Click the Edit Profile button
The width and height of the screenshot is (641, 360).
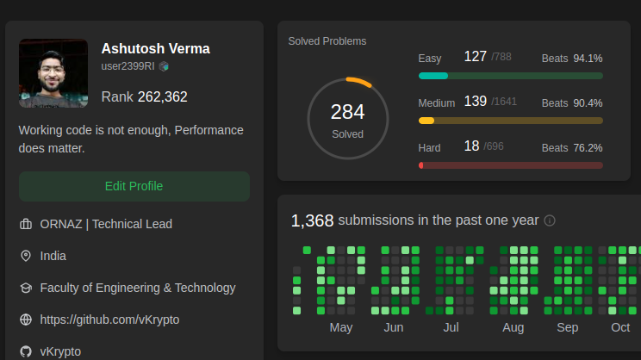[x=134, y=186]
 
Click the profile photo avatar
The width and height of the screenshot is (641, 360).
[x=53, y=73]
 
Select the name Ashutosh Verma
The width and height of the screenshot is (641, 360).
[x=155, y=48]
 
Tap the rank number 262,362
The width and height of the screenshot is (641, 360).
[x=162, y=97]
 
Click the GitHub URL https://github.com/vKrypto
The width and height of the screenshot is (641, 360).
[x=109, y=320]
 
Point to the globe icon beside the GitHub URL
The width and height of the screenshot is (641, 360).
[x=26, y=320]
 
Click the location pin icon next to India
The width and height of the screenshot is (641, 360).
[x=26, y=256]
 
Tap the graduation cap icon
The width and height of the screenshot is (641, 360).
[x=26, y=288]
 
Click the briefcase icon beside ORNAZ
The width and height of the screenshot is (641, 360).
[x=26, y=224]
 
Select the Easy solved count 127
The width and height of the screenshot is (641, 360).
[x=476, y=57]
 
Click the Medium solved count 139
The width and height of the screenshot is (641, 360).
[x=476, y=102]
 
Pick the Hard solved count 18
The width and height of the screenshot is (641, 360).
[x=471, y=146]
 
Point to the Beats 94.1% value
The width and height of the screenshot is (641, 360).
[x=588, y=59]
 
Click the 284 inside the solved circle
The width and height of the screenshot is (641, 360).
[x=347, y=112]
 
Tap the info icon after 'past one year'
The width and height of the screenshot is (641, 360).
[x=550, y=220]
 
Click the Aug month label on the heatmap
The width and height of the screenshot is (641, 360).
[x=513, y=327]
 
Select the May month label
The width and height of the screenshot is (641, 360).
[x=341, y=327]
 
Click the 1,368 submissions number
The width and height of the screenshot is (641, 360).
[x=312, y=220]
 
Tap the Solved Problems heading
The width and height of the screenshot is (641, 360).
[x=327, y=41]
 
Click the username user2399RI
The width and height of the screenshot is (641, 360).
[x=128, y=65]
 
